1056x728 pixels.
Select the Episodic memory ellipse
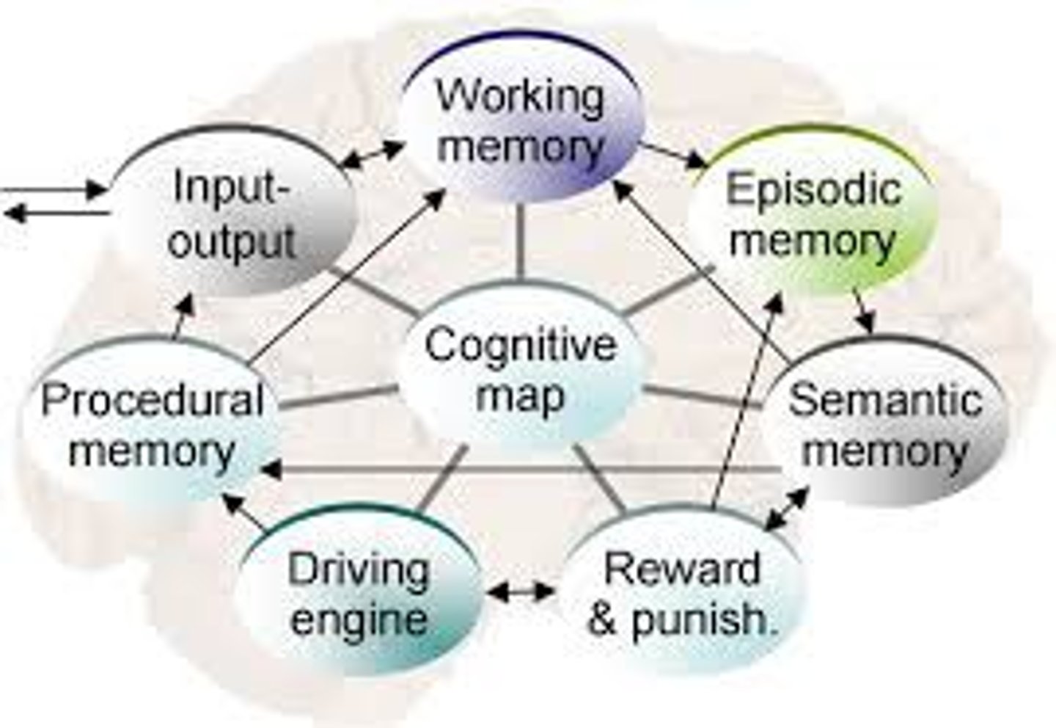coord(813,213)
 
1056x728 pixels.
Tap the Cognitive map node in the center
coord(521,371)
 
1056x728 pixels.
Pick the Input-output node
coord(233,213)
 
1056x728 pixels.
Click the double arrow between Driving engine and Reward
coord(521,591)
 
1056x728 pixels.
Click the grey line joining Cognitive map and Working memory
coord(521,242)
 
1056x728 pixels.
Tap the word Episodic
coord(813,189)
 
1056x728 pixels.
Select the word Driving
coord(359,569)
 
